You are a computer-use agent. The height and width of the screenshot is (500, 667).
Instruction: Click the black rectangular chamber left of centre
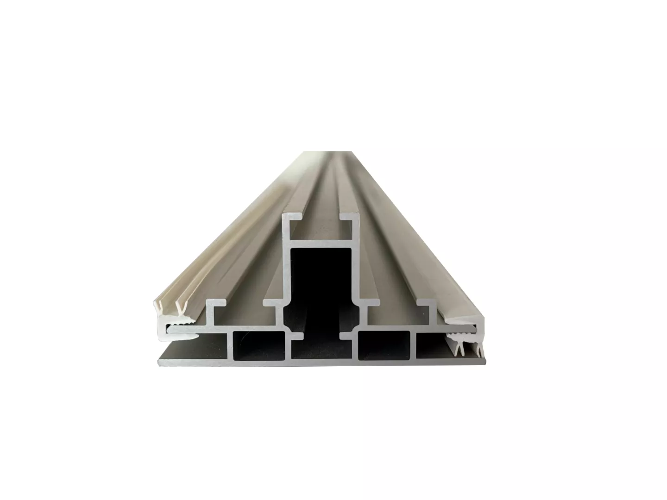pos(258,345)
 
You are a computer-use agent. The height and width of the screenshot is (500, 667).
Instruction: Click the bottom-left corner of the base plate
pos(159,363)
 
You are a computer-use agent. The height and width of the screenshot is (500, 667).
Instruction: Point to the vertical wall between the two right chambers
pos(413,345)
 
